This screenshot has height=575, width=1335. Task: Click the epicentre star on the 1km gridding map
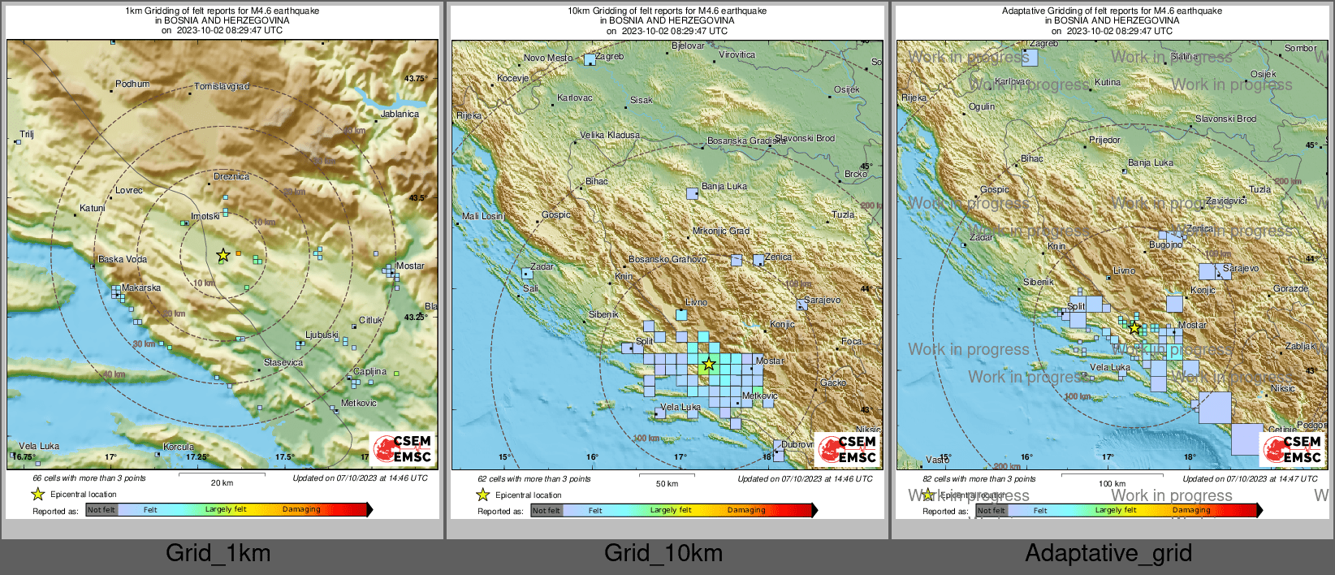pos(222,255)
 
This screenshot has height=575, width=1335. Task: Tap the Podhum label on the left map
pos(132,84)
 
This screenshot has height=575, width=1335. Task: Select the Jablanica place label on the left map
pos(400,114)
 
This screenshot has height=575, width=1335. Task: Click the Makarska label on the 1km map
pos(141,287)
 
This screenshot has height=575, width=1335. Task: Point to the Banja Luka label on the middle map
pos(724,186)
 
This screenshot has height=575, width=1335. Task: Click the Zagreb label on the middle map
pos(609,56)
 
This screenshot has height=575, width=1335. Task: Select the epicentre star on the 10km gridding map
pos(709,364)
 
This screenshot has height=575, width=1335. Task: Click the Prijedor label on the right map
pos(1104,140)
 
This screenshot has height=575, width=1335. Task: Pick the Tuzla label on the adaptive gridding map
pos(1259,189)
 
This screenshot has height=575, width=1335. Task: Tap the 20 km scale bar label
pos(222,482)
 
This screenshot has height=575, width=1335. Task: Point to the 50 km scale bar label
pos(667,483)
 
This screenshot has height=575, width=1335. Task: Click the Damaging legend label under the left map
pos(301,509)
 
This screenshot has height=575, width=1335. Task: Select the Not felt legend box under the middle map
pos(547,511)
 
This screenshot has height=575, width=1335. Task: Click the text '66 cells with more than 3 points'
pos(89,478)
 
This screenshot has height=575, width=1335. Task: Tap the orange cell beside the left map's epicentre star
pos(238,253)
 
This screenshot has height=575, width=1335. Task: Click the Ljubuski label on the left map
pos(322,335)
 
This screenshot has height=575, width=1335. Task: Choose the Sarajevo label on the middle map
pos(823,300)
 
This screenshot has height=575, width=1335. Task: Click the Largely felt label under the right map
pos(1116,510)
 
